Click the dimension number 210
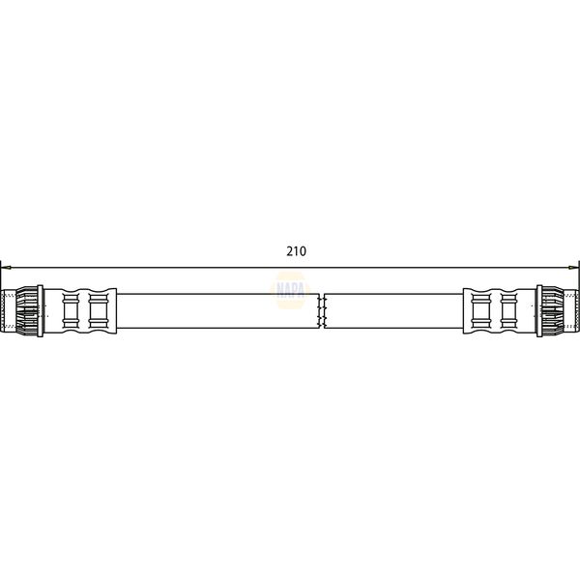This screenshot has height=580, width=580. [296, 251]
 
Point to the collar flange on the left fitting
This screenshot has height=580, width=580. [40, 310]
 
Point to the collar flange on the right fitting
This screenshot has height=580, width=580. [539, 310]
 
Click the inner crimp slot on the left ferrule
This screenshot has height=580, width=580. [97, 310]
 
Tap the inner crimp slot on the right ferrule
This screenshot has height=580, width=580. [481, 310]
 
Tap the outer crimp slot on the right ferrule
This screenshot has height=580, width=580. [510, 310]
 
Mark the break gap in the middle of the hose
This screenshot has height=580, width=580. [321, 310]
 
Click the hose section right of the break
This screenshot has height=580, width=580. [396, 310]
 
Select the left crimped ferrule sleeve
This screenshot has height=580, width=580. [82, 310]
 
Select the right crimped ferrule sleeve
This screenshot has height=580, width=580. [496, 310]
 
